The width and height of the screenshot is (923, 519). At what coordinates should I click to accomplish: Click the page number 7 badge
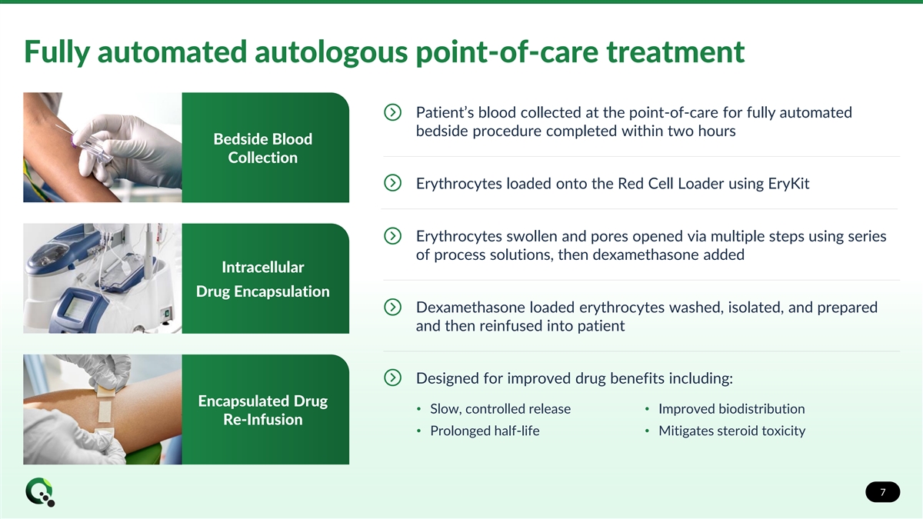pos(882,492)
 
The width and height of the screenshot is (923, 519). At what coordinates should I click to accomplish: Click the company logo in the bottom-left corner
pos(39,492)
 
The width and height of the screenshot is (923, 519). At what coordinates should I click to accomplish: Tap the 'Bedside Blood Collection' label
pos(263,148)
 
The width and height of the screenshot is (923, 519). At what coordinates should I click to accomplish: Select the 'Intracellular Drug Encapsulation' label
pos(263,279)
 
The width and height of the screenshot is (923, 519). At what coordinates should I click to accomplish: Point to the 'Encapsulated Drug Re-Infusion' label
pos(263,410)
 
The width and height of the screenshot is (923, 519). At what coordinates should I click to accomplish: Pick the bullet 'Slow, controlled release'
pos(500,409)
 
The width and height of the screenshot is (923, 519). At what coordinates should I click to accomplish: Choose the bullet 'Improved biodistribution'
pos(731,409)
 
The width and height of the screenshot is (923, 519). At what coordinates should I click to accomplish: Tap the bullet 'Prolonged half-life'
pos(485,431)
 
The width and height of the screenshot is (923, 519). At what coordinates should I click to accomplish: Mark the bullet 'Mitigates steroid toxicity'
pos(731,431)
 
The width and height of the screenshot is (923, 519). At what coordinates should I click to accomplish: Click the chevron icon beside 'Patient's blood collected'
pos(392,113)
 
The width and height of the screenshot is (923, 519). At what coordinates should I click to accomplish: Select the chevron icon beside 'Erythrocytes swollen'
pos(392,236)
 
